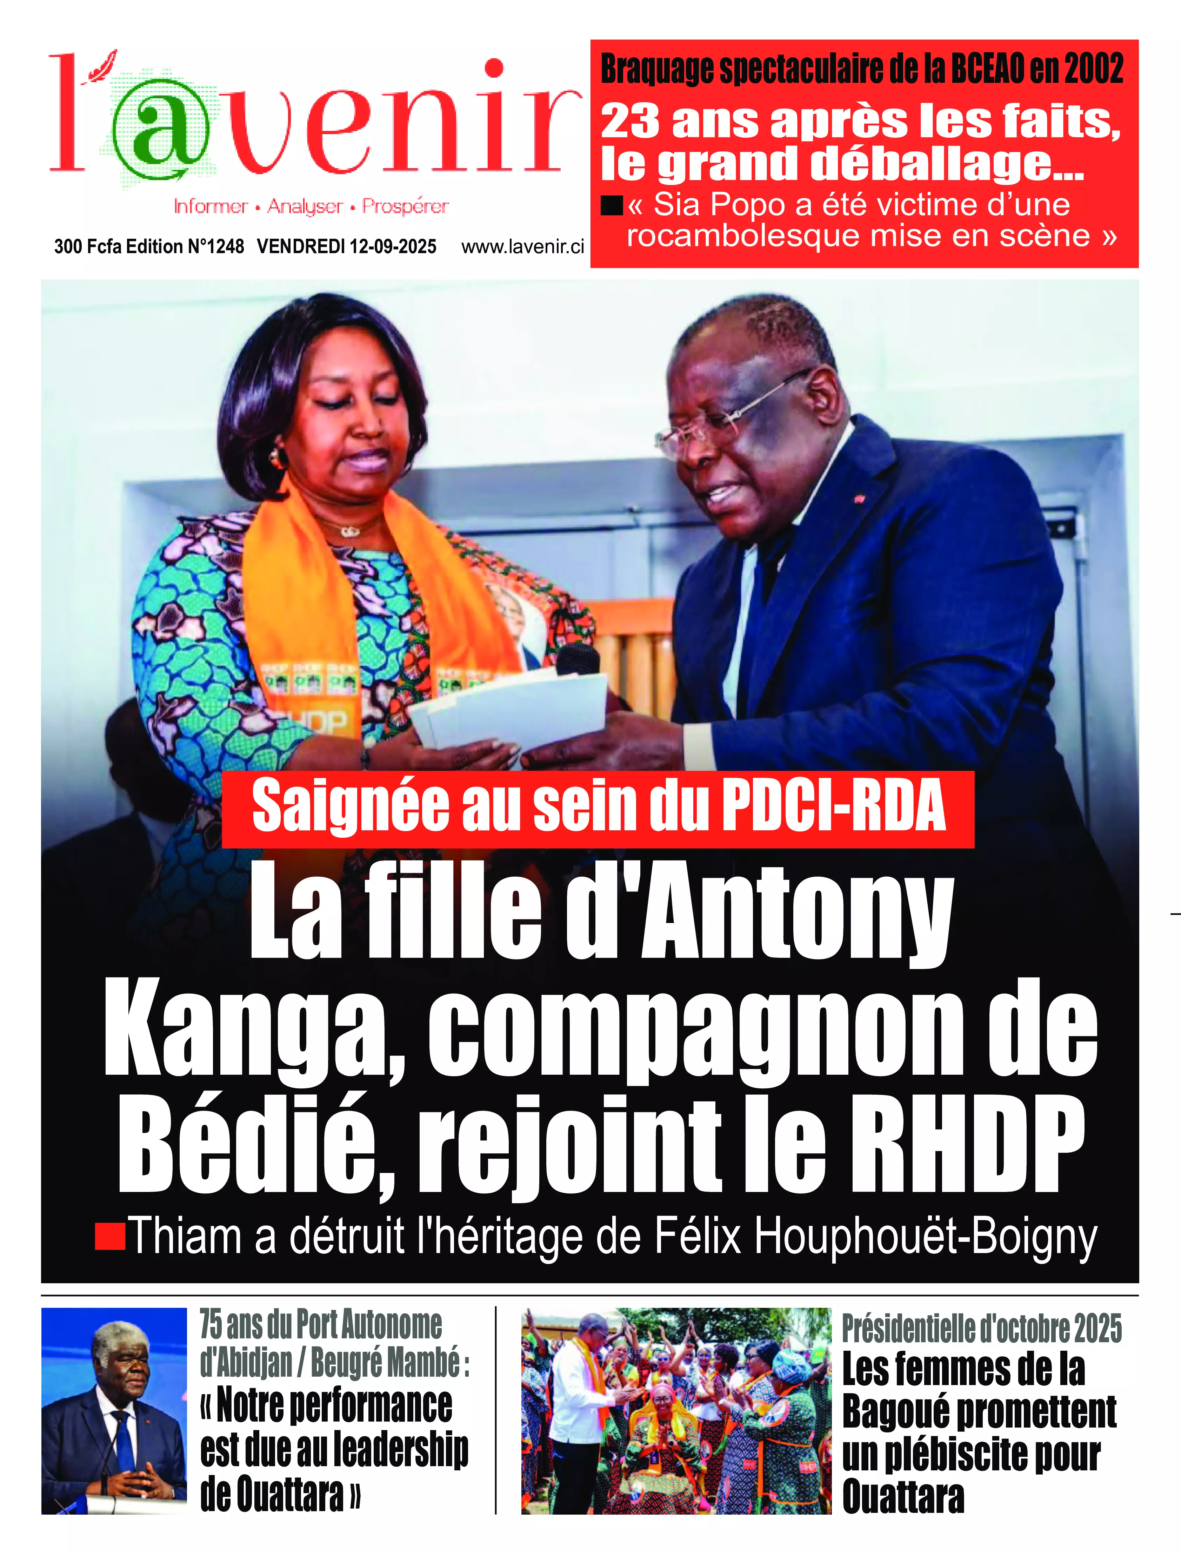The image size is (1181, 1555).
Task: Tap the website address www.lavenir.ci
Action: click(x=522, y=247)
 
